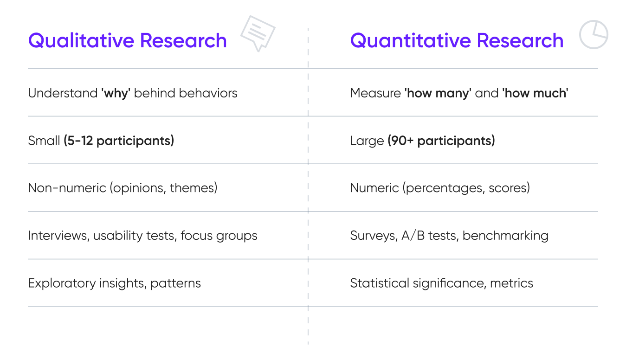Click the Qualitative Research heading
[x=127, y=41]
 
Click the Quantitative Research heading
[x=457, y=41]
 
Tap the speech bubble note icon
[x=258, y=32]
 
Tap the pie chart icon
[x=594, y=34]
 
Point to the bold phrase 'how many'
[x=438, y=93]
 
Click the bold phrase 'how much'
[x=535, y=93]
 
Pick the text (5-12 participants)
[x=119, y=141]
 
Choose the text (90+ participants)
[x=441, y=141]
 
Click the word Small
[x=44, y=141]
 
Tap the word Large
[x=367, y=141]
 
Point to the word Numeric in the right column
[x=374, y=188]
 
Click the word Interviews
[x=58, y=236]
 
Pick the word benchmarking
[x=505, y=236]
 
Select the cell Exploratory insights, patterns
[x=114, y=283]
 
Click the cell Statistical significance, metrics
[x=441, y=283]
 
